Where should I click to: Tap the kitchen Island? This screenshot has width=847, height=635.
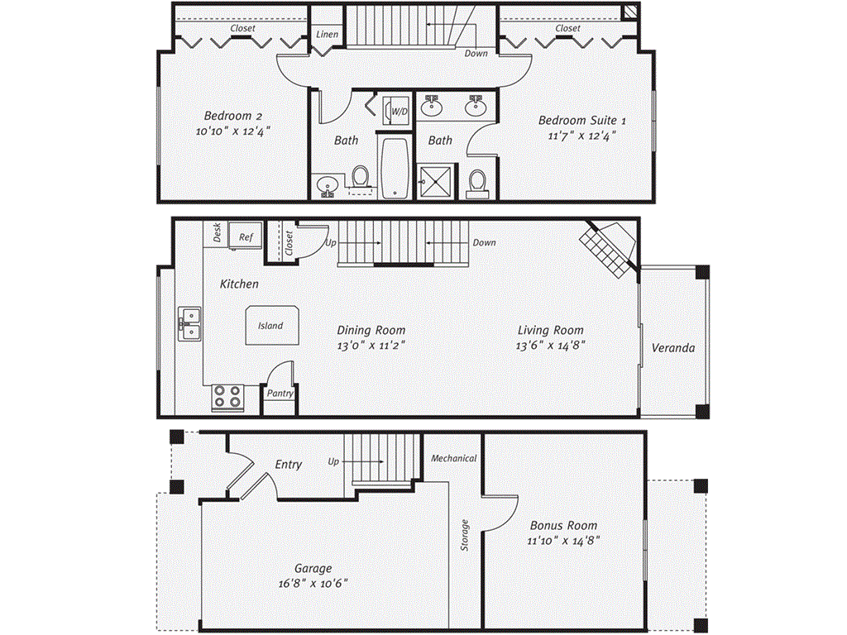(270, 326)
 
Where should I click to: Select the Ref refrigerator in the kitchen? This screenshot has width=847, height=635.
(246, 236)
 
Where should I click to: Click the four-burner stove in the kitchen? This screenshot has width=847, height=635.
(227, 398)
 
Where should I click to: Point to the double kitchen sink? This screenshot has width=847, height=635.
(189, 323)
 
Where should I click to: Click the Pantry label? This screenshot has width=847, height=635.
(280, 394)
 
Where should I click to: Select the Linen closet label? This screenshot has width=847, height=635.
(326, 35)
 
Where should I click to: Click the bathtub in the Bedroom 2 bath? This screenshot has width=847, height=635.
(393, 169)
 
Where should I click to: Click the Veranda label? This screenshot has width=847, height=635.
(672, 348)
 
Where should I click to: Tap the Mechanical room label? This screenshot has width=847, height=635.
(453, 458)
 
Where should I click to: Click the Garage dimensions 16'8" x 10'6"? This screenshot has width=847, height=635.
(313, 583)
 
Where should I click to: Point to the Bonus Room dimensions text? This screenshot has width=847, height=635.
(562, 541)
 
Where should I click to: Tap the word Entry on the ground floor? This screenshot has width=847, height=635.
(288, 465)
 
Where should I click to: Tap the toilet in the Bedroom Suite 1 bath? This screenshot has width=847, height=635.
(476, 184)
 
